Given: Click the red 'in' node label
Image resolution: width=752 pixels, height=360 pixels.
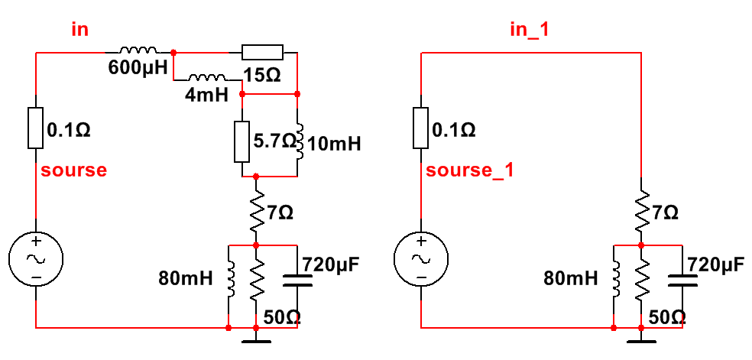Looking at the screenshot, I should (79, 29).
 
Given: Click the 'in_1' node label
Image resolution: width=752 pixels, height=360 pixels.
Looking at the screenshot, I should (530, 29).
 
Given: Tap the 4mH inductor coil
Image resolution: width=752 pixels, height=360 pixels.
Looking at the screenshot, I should (207, 78).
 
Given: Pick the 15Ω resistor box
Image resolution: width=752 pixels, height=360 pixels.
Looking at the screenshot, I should (262, 53).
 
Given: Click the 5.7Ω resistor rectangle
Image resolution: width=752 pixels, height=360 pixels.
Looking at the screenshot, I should (241, 141).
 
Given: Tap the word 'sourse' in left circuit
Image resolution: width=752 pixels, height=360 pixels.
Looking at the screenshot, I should (73, 170).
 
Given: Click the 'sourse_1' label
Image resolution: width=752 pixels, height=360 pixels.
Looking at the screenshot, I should (469, 170).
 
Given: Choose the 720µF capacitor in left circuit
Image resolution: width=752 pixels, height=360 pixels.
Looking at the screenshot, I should (297, 281).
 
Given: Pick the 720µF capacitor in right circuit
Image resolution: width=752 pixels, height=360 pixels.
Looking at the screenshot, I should (682, 281).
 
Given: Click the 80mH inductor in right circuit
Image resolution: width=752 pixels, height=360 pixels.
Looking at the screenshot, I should (614, 281).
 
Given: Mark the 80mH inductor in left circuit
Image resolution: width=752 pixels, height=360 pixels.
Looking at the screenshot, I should (229, 281).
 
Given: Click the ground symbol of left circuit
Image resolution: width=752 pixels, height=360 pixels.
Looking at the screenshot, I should (257, 336).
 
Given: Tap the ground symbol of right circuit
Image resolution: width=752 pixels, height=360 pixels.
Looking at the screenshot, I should (642, 336).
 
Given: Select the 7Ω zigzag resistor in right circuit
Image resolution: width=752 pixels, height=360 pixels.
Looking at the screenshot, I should (642, 212).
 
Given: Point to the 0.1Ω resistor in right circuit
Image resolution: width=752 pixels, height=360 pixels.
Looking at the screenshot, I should (421, 128).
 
